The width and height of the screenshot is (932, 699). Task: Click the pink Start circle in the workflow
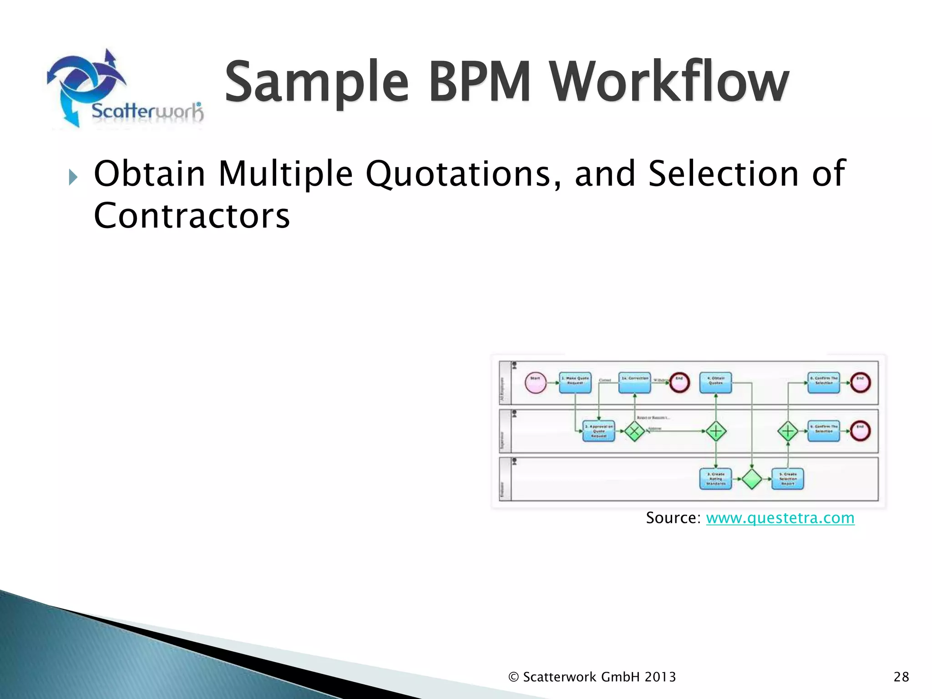click(536, 383)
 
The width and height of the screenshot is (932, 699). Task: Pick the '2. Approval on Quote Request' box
click(598, 431)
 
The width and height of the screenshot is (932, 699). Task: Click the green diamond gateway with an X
click(634, 431)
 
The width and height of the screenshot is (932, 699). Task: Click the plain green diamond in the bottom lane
click(752, 479)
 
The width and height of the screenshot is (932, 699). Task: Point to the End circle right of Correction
click(679, 383)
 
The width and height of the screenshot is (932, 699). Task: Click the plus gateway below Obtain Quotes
click(716, 431)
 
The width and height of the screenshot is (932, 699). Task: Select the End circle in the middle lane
click(860, 431)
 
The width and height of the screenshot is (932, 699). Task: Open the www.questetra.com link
click(780, 518)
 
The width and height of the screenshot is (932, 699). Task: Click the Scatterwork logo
click(123, 89)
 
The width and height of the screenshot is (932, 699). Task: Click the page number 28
click(901, 677)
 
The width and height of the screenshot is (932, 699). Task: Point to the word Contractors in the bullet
click(192, 215)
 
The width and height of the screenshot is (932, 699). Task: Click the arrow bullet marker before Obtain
click(73, 177)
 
